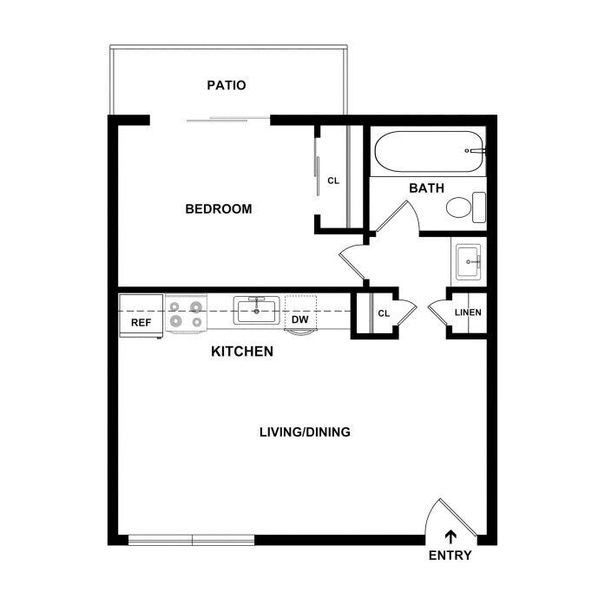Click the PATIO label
tap(226, 85)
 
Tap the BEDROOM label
tap(219, 208)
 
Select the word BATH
tap(426, 187)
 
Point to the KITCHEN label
tap(242, 352)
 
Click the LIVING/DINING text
tap(305, 431)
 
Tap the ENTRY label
tap(450, 556)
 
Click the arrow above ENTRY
tap(450, 537)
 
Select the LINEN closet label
tap(468, 312)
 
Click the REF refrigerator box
tap(141, 316)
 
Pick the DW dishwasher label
tap(299, 319)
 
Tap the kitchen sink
tap(257, 310)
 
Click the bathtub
tap(429, 152)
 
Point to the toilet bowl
tap(459, 207)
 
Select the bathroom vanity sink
tap(469, 262)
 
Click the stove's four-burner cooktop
tap(187, 313)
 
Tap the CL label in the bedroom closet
tap(333, 181)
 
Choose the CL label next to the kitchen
tap(384, 313)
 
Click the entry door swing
tap(451, 517)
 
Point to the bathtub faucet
tap(476, 150)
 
